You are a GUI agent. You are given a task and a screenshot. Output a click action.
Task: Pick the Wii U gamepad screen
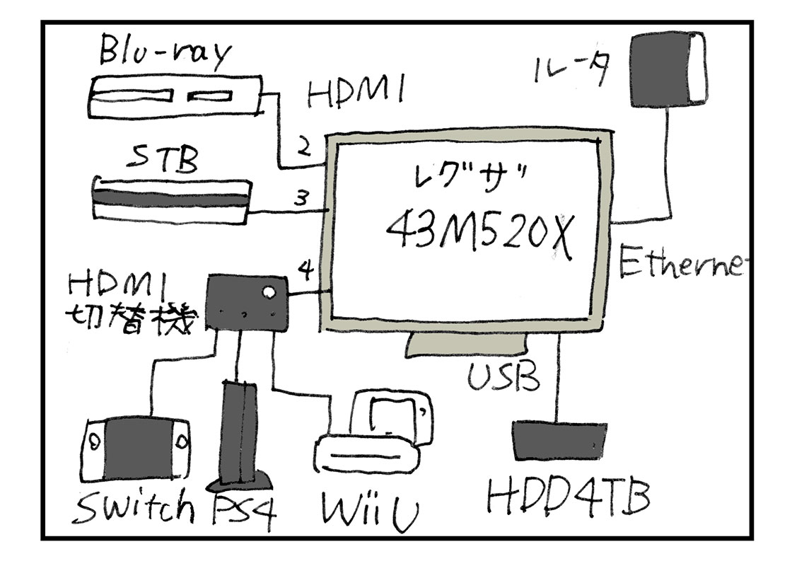pos(391,415)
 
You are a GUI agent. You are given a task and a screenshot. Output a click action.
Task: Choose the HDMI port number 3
pos(301,198)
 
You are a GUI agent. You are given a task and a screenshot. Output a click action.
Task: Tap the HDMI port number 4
pos(305,271)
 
